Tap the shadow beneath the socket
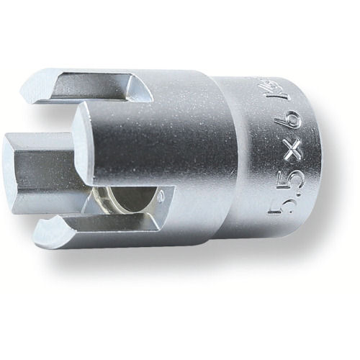click(187, 281)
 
